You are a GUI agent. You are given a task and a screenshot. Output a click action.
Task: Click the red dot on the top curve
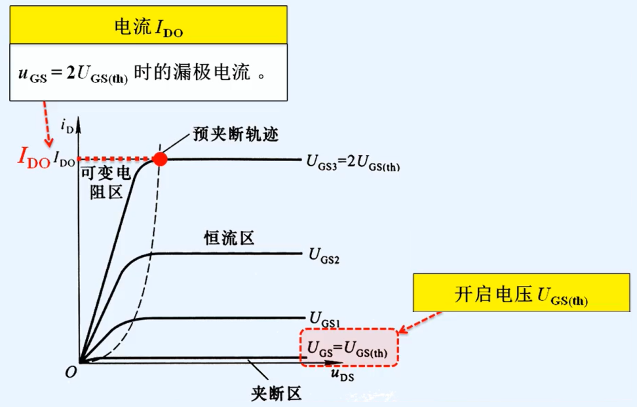click(159, 158)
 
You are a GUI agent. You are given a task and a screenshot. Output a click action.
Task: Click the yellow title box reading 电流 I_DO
click(148, 27)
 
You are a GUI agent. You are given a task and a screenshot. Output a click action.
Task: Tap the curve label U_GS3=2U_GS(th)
click(353, 164)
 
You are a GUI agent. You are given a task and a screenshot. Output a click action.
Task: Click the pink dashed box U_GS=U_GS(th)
click(349, 348)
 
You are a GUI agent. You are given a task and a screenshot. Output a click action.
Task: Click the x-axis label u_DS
click(343, 376)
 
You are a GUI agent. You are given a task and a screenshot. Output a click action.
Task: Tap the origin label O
click(70, 372)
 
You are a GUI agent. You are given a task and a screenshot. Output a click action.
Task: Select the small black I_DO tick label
click(64, 159)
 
